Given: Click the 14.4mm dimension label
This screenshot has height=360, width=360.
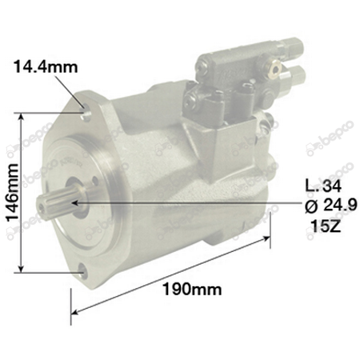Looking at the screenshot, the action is pyautogui.click(x=46, y=66).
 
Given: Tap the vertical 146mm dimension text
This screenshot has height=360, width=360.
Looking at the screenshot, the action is pyautogui.click(x=13, y=193).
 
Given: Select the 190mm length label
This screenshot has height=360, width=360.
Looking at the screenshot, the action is pyautogui.click(x=192, y=289).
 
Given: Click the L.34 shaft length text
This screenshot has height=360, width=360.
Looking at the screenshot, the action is pyautogui.click(x=323, y=186).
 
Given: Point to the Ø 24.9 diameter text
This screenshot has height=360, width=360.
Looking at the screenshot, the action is pyautogui.click(x=331, y=206).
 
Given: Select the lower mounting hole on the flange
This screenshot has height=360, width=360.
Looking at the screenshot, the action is pyautogui.click(x=83, y=272).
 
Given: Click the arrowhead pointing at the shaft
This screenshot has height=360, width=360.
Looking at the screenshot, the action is pyautogui.click(x=75, y=203).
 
